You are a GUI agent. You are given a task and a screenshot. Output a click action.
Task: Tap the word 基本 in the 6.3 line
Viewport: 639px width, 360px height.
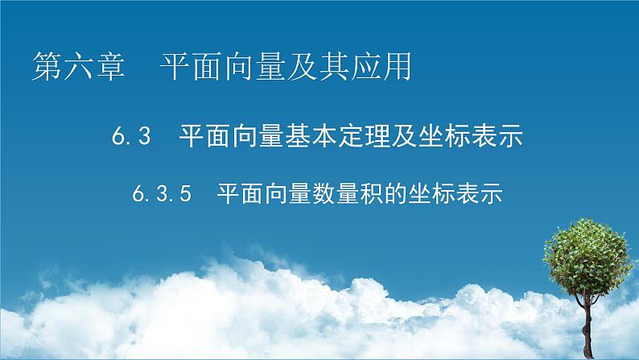pyautogui.click(x=324, y=137)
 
